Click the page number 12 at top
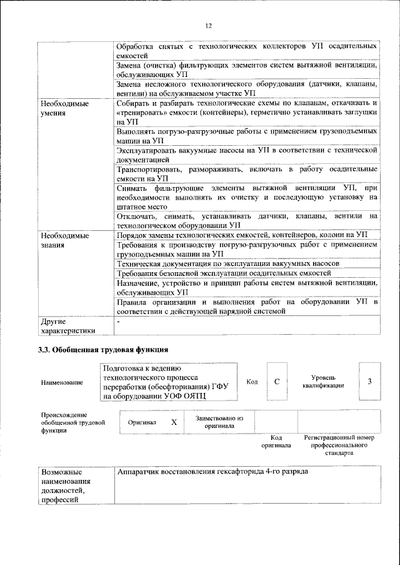209,26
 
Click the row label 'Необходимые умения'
64,108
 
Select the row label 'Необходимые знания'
64,240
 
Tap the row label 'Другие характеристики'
67,326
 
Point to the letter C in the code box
276,382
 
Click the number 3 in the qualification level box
369,382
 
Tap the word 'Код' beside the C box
252,382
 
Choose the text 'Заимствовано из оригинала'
219,422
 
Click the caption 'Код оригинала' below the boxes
276,442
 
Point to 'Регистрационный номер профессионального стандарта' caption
338,445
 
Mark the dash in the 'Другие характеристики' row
118,321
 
